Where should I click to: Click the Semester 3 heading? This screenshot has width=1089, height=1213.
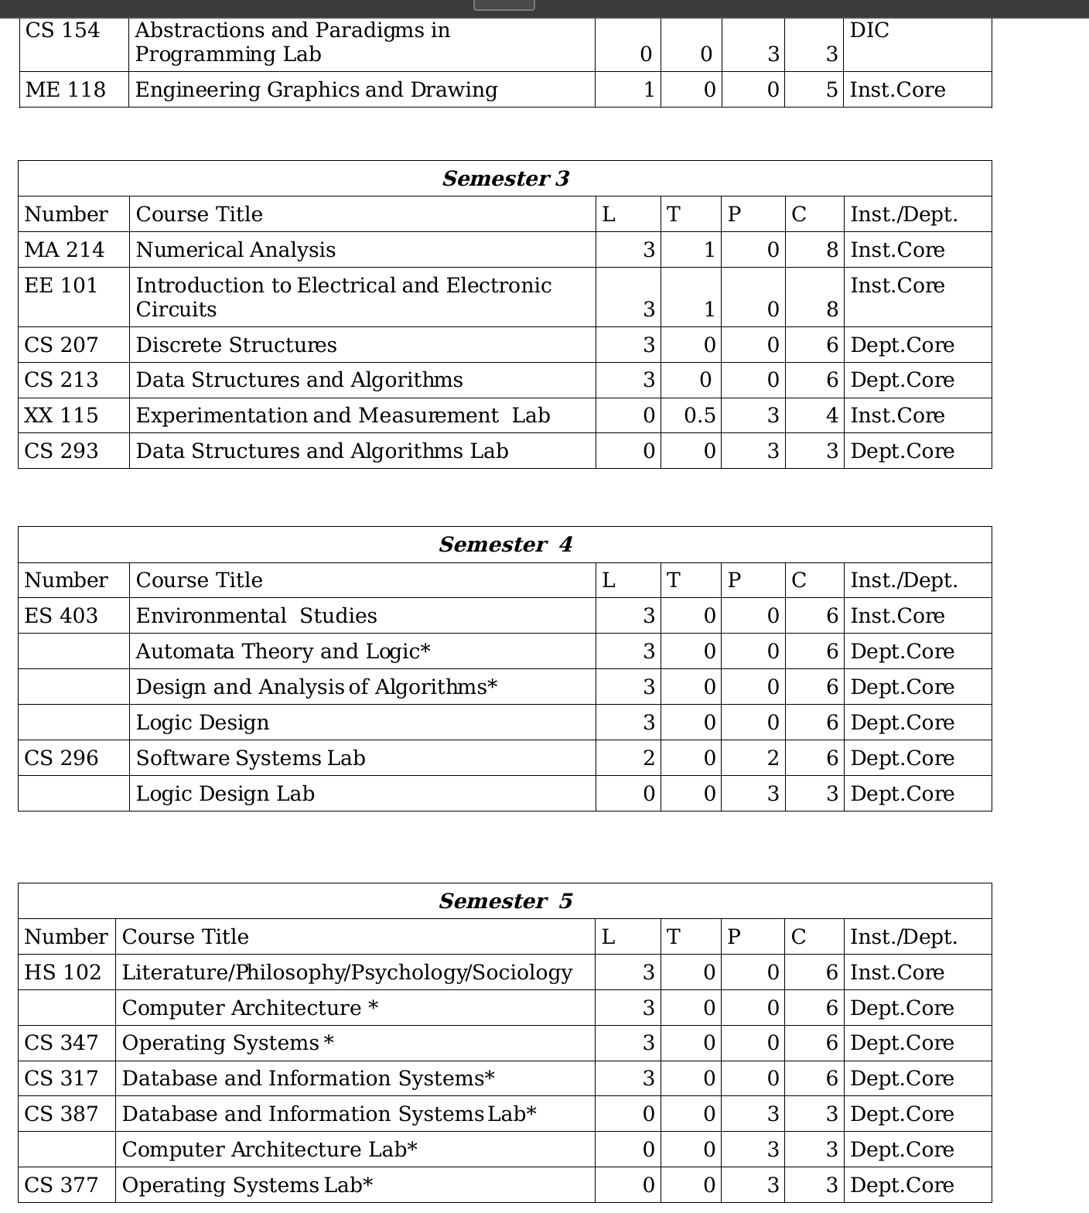click(505, 179)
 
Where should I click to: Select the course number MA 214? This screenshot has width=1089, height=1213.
click(64, 250)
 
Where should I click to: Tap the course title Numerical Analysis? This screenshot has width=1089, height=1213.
click(236, 250)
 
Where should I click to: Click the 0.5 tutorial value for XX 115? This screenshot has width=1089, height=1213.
click(699, 415)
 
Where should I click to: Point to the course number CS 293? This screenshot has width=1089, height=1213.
click(62, 451)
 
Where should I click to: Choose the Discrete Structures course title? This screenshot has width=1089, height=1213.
click(237, 345)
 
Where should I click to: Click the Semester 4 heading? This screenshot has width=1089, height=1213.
click(506, 545)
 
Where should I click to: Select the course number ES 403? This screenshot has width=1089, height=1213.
click(62, 616)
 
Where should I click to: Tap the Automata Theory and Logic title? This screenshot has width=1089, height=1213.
click(283, 651)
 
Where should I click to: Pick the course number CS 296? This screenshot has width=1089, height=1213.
click(62, 758)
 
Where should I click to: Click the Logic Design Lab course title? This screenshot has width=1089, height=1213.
click(225, 794)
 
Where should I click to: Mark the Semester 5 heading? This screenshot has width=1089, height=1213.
click(506, 901)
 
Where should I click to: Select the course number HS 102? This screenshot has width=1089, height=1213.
click(63, 972)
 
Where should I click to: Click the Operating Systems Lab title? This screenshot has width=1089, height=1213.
click(247, 1185)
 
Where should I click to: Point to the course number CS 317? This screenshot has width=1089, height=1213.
click(62, 1078)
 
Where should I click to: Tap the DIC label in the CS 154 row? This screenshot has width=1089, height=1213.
click(869, 30)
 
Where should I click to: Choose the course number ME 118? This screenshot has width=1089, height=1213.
click(65, 90)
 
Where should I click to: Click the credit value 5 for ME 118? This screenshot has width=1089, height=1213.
click(831, 90)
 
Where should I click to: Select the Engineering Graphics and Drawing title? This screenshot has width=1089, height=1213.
click(316, 90)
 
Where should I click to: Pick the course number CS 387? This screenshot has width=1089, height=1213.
click(62, 1114)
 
